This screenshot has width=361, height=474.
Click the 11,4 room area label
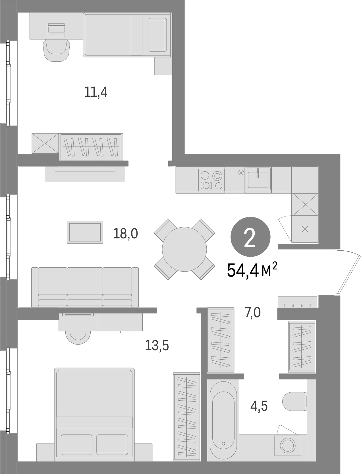point(96,92)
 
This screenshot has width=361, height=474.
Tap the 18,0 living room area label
point(126,234)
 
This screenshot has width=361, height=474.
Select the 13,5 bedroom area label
point(157,345)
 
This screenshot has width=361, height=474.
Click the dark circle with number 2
point(250,237)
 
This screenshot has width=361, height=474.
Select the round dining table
point(184,249)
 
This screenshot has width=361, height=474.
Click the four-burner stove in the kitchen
point(211,180)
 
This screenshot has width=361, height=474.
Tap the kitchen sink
point(258,180)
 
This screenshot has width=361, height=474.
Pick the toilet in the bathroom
point(295,401)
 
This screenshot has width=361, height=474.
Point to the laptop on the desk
point(56,30)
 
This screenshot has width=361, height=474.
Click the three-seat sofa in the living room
point(85,287)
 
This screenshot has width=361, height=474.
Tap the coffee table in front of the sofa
point(85,232)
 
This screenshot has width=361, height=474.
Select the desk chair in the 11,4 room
point(57,51)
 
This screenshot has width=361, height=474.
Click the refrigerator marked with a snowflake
point(305,229)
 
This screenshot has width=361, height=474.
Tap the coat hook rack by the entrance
point(297,302)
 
